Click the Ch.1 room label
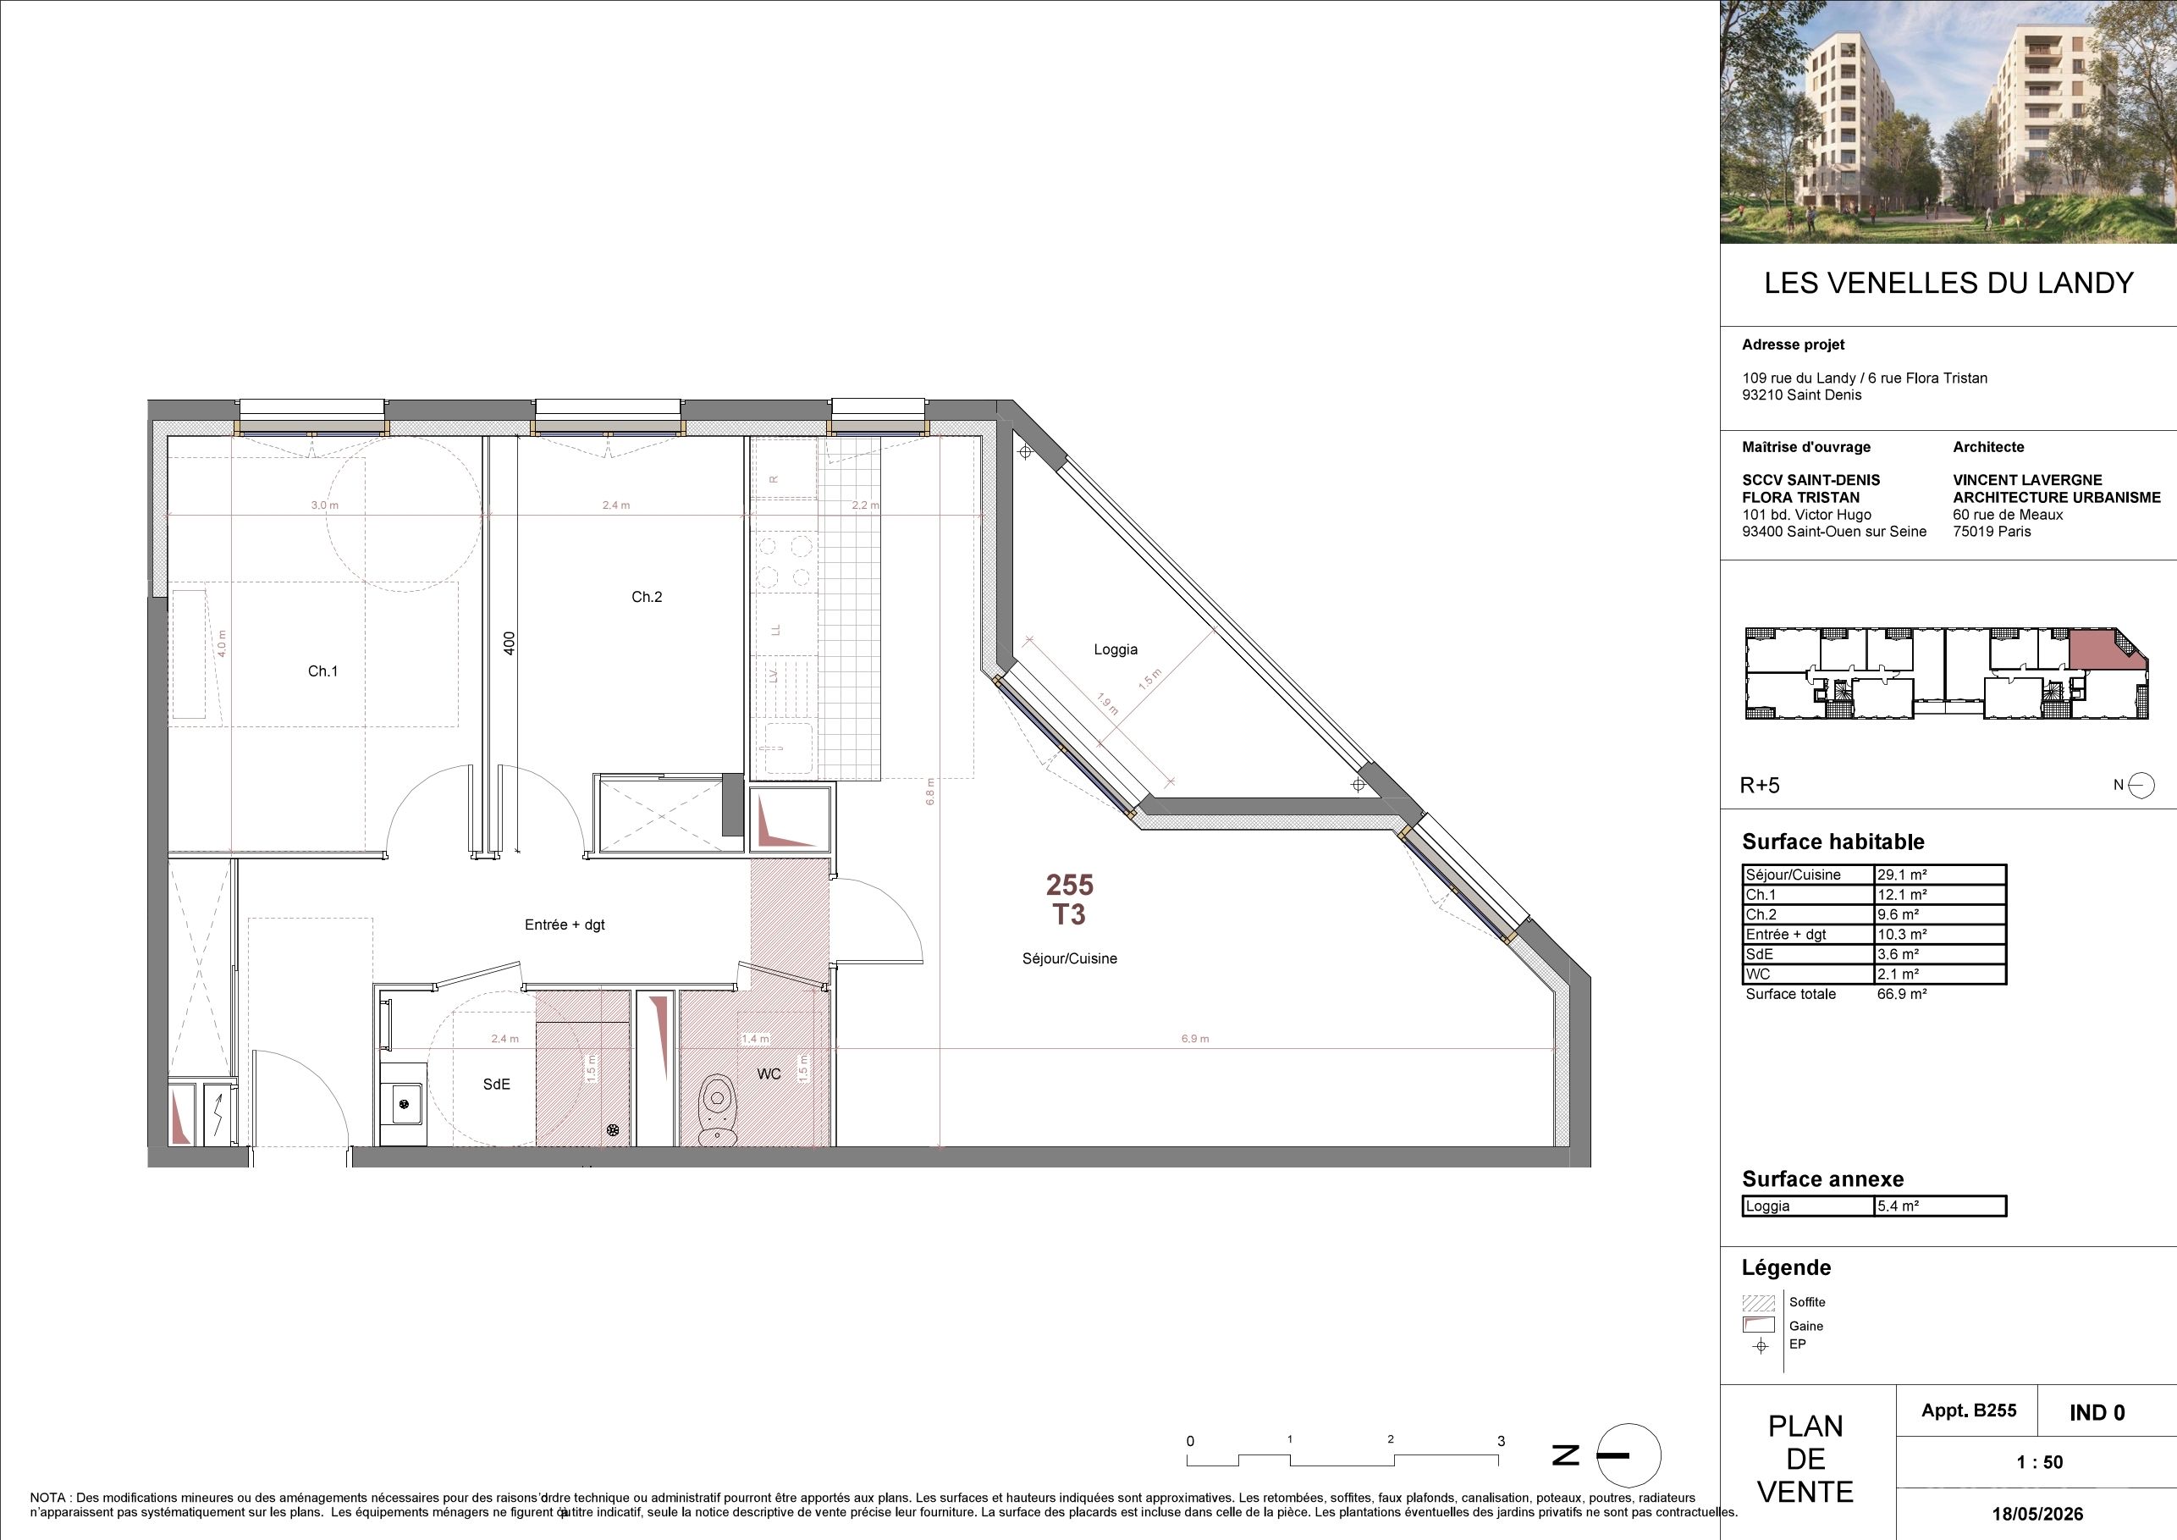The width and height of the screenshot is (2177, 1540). pos(322,671)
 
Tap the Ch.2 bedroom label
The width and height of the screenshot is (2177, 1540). pos(647,598)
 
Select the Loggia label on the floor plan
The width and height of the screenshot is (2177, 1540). pos(1115,649)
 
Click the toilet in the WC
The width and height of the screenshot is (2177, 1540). pos(718,1108)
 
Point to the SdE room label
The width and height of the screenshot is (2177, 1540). pos(496,1084)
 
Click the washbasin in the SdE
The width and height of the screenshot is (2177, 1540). pos(404,1104)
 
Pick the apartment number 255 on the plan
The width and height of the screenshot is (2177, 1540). pos(1070,885)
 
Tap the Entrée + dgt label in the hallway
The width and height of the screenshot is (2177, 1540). pos(565,925)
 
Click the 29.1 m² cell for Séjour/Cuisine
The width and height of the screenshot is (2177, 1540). pos(1902,875)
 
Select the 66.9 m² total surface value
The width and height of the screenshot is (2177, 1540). pos(1902,995)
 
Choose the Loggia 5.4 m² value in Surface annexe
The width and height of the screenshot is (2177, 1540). pos(1899,1206)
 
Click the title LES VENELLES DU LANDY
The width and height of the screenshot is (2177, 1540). pos(1948,283)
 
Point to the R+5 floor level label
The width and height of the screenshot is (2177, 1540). pos(1760,785)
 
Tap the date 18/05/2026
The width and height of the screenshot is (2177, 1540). pos(2037,1514)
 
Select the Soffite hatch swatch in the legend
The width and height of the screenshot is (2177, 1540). pos(1759,1303)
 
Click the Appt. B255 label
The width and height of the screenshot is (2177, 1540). pos(1969,1411)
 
